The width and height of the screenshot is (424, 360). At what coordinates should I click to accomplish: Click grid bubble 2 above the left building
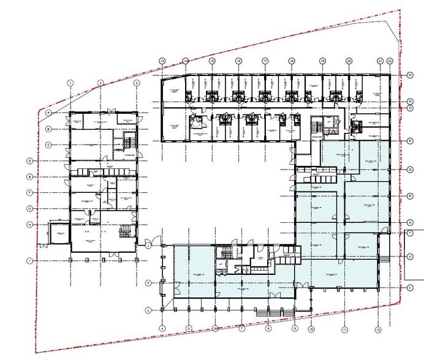click(100, 83)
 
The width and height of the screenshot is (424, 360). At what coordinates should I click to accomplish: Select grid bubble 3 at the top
click(137, 83)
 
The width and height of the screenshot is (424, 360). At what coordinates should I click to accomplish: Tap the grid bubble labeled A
click(48, 113)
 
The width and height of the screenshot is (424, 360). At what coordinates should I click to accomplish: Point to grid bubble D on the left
click(29, 161)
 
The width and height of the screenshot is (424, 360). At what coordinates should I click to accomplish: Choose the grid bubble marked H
click(29, 224)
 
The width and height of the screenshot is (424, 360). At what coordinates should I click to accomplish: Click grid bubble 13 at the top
click(162, 61)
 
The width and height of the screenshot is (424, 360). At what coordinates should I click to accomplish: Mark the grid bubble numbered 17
click(265, 61)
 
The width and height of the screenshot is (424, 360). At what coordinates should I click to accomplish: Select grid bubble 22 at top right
click(390, 61)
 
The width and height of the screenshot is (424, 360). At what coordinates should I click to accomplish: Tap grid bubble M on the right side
click(409, 75)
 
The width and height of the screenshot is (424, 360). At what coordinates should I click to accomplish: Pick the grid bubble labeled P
click(409, 141)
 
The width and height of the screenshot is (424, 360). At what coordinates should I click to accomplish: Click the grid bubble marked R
click(409, 196)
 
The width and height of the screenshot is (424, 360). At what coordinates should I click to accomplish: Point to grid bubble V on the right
click(409, 287)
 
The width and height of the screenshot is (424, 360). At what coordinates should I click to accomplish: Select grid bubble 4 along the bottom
click(162, 329)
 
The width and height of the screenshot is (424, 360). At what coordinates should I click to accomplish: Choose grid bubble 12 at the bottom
click(379, 329)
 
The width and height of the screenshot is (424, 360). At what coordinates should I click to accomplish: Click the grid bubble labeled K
click(148, 283)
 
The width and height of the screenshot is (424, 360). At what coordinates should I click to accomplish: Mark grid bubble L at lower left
click(148, 310)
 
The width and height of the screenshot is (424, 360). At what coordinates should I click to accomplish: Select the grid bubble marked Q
click(409, 169)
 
